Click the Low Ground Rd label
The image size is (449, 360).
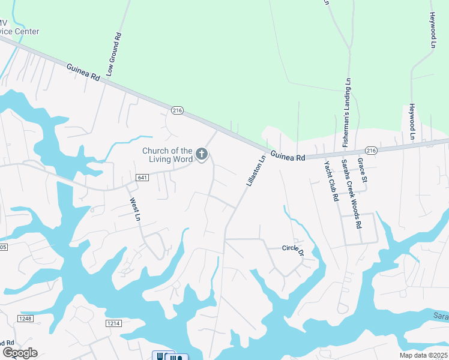tap(114, 55)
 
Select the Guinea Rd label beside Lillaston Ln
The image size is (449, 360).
tap(288, 155)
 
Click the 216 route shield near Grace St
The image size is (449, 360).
tap(371, 151)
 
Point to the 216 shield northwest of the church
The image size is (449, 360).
tap(176, 110)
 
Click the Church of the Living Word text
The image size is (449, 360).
tap(167, 155)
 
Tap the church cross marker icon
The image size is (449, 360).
tap(202, 155)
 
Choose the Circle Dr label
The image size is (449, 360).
tap(294, 248)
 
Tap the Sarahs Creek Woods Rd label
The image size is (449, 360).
tap(352, 193)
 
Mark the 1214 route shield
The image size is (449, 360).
tap(115, 323)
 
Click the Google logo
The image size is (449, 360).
tap(20, 352)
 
